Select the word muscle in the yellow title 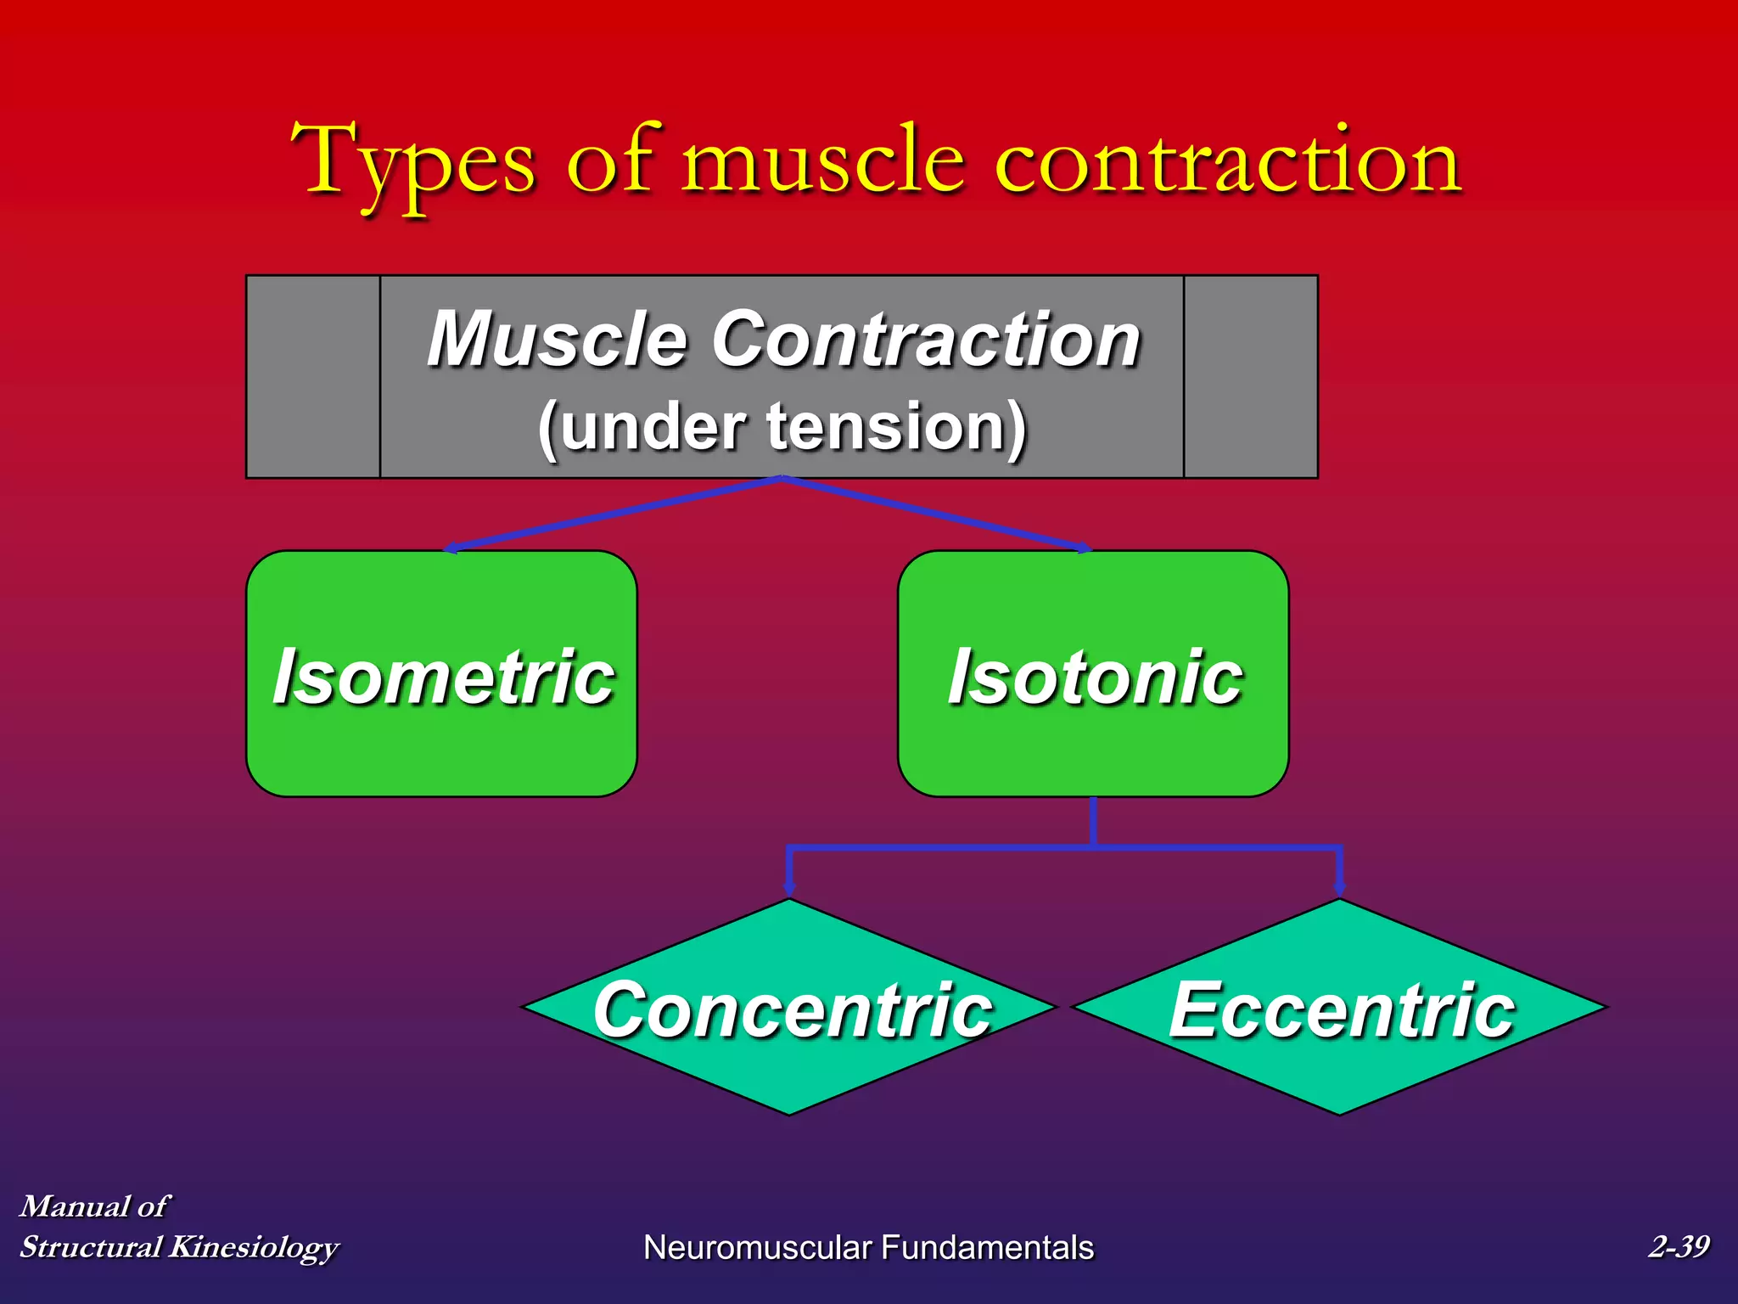click(x=822, y=161)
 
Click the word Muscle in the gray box click(x=556, y=340)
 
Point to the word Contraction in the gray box click(x=926, y=340)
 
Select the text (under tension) click(x=782, y=427)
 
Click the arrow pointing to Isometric click(x=611, y=513)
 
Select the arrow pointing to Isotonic click(x=933, y=513)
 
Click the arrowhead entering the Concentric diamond click(x=789, y=888)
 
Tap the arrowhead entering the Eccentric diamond click(x=1340, y=888)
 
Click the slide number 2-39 click(x=1678, y=1246)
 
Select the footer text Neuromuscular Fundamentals click(x=868, y=1247)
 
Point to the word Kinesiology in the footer click(x=254, y=1247)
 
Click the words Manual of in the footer click(x=93, y=1206)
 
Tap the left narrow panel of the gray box click(x=313, y=377)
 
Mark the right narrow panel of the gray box click(x=1251, y=377)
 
